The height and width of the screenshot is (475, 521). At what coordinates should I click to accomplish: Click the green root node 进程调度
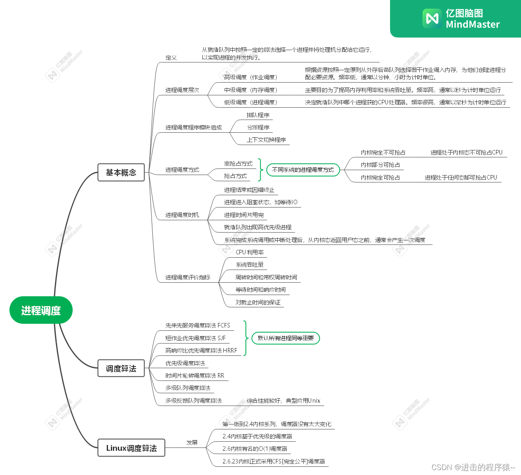point(41,310)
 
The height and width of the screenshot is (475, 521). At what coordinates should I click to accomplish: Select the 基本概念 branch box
point(121,173)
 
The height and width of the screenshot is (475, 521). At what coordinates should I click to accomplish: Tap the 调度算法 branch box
point(121,369)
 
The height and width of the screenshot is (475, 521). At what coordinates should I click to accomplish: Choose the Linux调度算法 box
point(131,448)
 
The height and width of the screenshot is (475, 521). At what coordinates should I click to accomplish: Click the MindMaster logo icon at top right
point(432,18)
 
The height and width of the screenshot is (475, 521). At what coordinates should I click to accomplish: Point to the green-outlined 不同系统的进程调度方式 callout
point(303,170)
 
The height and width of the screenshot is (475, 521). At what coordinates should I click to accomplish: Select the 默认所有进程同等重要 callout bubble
point(286,338)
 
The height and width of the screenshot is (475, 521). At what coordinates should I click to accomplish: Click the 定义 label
point(171,58)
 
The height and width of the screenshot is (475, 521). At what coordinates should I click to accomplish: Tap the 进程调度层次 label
point(182,90)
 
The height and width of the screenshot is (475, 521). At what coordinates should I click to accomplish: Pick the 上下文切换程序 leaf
point(266,140)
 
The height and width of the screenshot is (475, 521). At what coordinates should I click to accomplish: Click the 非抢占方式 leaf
point(238,164)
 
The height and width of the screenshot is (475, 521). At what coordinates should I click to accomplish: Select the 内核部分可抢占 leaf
point(380,165)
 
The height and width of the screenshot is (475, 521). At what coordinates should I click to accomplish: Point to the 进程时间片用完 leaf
point(244,215)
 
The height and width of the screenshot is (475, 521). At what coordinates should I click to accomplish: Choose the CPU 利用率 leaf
point(250,252)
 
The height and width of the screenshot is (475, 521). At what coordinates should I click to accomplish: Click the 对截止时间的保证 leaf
point(258,302)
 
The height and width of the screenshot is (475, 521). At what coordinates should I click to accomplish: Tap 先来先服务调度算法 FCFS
point(197,325)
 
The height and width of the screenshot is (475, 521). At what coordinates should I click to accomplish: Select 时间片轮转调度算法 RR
point(195,376)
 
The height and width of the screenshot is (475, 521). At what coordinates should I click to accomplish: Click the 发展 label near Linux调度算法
point(192,443)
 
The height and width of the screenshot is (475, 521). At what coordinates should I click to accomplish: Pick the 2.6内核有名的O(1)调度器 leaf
point(255,449)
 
